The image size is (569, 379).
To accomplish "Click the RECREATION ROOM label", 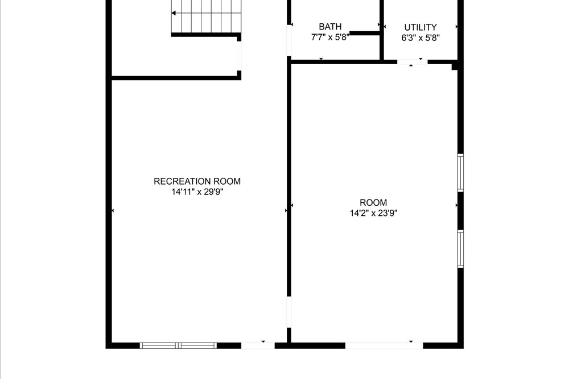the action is [197, 181].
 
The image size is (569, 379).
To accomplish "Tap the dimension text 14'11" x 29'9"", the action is [197, 192].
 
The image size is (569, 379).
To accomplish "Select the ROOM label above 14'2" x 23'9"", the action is [373, 202].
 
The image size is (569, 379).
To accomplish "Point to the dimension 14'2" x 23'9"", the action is [373, 213].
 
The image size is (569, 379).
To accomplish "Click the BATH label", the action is [330, 27].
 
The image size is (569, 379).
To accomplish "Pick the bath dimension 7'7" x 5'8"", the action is [330, 37].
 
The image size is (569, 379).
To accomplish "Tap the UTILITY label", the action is [420, 27].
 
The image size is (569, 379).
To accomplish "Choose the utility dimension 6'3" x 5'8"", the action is [420, 38].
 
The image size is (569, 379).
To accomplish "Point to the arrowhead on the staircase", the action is [174, 13].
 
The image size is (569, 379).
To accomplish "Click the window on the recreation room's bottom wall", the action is [178, 345].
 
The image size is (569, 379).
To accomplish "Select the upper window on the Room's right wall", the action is [460, 173].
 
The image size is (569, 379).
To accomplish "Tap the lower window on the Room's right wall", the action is [460, 249].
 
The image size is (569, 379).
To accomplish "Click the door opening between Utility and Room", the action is [412, 62].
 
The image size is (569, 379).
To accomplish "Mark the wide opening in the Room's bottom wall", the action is [384, 345].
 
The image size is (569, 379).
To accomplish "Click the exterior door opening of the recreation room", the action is [258, 345].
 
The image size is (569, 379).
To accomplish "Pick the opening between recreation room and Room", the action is [289, 312].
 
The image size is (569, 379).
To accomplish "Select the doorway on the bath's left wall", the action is [289, 40].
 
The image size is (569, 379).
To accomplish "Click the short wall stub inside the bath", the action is [364, 34].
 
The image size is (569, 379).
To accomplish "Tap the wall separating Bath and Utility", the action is [382, 30].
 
